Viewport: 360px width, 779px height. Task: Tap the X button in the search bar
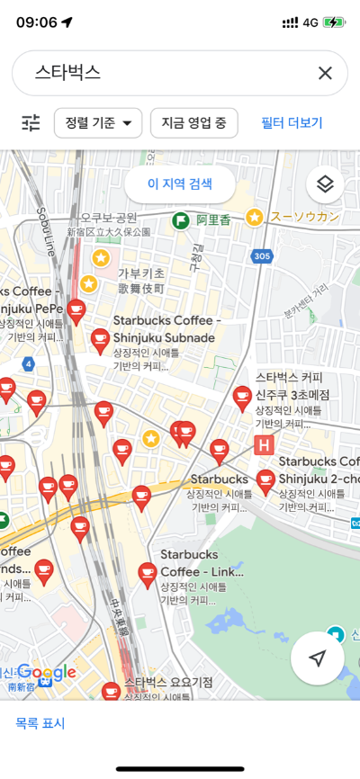(325, 73)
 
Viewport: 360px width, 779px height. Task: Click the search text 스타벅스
(67, 73)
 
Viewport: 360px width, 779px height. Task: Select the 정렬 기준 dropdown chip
(98, 123)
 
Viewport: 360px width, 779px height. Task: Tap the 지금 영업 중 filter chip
(193, 123)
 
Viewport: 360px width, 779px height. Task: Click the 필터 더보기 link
(292, 123)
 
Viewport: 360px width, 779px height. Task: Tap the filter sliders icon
(31, 123)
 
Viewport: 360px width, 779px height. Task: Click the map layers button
(325, 184)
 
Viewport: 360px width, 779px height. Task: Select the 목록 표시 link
(40, 723)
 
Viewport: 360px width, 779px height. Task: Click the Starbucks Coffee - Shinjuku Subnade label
(166, 329)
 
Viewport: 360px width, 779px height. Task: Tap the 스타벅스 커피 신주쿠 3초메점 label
(292, 386)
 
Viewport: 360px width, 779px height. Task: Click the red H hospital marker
(265, 444)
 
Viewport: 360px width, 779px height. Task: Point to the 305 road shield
(262, 256)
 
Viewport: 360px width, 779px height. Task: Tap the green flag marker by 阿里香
(180, 219)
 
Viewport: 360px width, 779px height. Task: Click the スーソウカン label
(304, 216)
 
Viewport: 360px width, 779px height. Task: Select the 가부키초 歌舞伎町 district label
(141, 281)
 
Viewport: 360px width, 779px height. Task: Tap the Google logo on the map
(46, 672)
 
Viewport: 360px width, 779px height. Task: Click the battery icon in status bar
(334, 22)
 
